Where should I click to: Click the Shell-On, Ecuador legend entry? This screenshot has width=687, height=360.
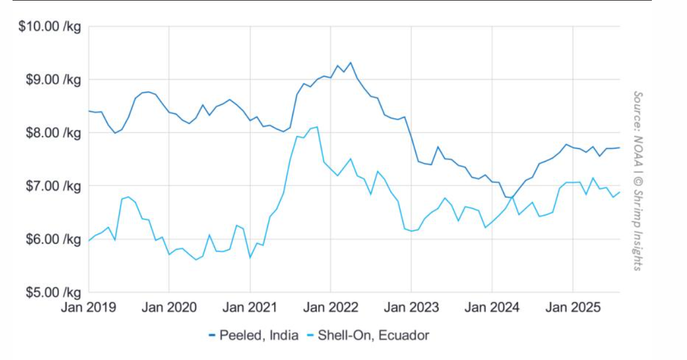pos(368,336)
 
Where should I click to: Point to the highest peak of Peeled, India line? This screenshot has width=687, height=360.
pos(350,62)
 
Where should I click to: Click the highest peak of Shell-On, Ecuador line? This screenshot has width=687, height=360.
pos(317,126)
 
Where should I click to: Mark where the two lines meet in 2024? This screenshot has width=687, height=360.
pos(512,196)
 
